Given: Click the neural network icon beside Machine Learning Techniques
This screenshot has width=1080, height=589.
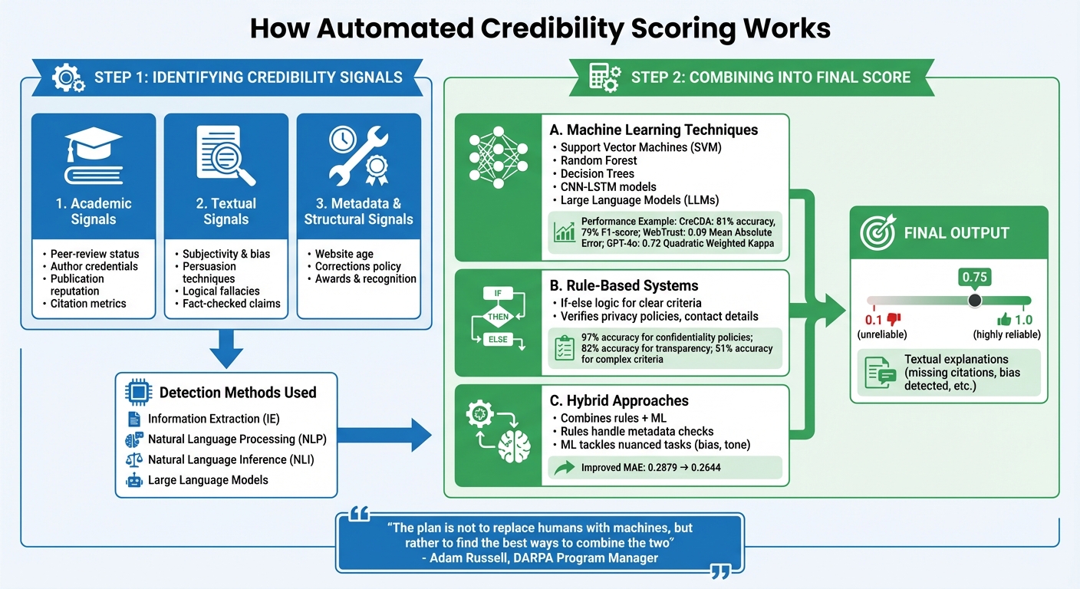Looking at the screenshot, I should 498,165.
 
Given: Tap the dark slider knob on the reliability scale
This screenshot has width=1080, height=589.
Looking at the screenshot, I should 974,300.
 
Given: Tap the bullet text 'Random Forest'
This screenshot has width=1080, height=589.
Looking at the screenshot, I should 598,160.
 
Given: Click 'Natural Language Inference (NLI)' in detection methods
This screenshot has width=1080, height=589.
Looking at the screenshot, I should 231,459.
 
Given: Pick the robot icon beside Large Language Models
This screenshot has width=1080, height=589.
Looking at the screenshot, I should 133,480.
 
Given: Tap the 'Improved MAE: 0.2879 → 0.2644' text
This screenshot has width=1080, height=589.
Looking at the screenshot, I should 650,467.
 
